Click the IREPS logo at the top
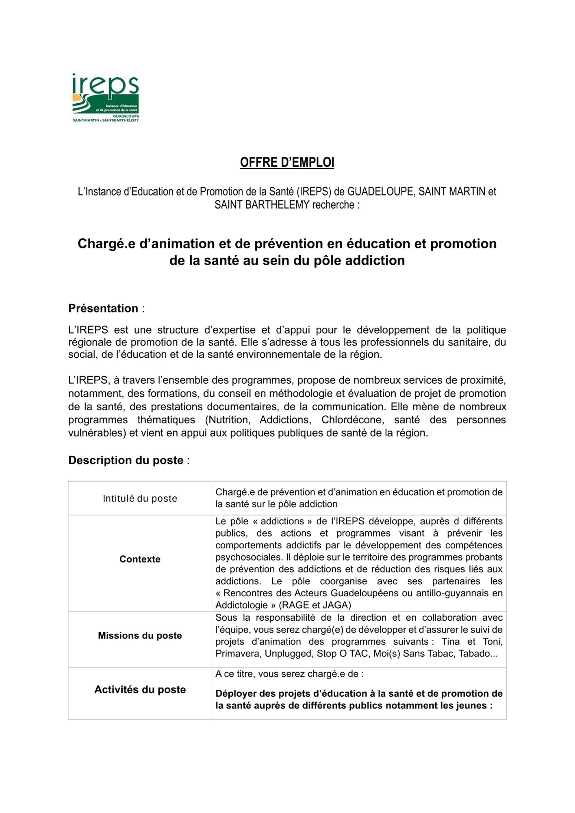tap(106, 98)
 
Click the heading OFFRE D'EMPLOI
tap(287, 162)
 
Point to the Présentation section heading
tap(103, 309)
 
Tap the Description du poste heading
tap(126, 460)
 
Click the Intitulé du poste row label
tap(140, 498)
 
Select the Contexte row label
tap(140, 559)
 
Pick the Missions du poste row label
tap(140, 635)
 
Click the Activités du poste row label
tap(140, 689)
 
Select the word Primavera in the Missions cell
tap(239, 654)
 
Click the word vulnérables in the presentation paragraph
tap(96, 433)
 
